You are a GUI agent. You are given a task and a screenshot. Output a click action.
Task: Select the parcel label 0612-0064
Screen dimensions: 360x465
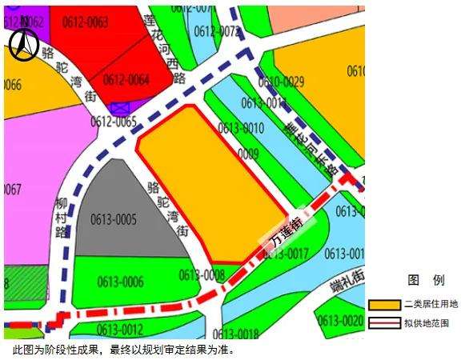click(126, 79)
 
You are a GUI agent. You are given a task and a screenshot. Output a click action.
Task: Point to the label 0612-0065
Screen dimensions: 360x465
click(113, 122)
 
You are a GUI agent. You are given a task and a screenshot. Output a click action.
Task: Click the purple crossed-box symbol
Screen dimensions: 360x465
click(120, 107)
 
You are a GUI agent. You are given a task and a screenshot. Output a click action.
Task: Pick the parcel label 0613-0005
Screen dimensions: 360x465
click(114, 218)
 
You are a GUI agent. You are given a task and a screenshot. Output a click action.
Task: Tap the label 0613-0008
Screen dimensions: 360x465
click(202, 274)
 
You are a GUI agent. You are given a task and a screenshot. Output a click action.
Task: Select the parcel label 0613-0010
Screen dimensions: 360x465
click(241, 128)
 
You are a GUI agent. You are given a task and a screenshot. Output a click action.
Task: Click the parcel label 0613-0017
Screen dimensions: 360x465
click(286, 254)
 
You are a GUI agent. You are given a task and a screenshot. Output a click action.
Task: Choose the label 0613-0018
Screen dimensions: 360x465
click(236, 334)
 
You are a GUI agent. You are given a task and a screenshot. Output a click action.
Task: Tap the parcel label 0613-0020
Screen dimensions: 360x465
click(340, 321)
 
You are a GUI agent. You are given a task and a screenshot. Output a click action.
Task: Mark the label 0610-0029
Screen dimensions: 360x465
click(281, 81)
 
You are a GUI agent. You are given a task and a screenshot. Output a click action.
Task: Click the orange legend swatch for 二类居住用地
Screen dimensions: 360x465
click(384, 305)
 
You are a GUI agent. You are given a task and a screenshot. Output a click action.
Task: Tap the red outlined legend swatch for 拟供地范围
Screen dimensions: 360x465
click(384, 323)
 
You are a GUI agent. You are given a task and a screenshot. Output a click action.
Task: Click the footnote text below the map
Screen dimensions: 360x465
click(120, 350)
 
